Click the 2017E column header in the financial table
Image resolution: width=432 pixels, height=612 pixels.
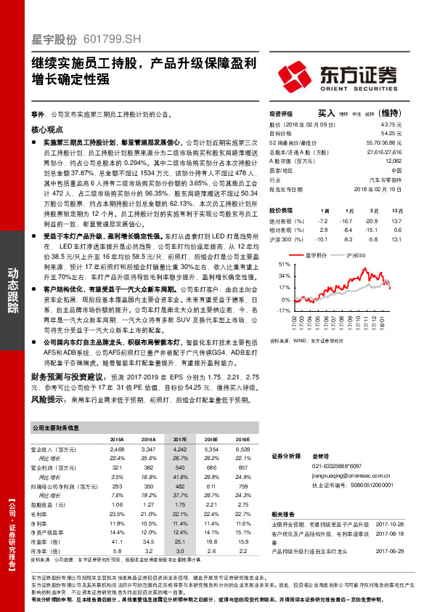(179, 440)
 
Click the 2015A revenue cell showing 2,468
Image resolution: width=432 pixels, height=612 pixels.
(116, 451)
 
